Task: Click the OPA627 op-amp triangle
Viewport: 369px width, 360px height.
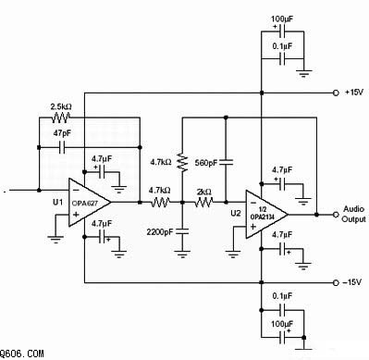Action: tap(89, 203)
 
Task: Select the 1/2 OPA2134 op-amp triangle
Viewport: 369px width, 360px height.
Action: tap(266, 215)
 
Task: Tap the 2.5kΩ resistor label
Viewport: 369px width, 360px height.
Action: tap(61, 106)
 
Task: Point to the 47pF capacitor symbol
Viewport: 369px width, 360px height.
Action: tap(62, 147)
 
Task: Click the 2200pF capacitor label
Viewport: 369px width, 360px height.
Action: tap(160, 232)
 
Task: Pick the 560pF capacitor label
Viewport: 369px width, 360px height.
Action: tap(206, 162)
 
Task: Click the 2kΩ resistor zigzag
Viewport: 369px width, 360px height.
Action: tap(203, 203)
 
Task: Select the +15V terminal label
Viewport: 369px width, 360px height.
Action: tap(354, 92)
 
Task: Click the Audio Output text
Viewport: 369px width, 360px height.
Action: tap(354, 214)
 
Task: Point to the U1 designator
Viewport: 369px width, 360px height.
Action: tap(57, 203)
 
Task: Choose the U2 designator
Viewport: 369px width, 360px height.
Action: tap(236, 213)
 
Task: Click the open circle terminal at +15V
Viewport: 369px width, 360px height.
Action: tap(336, 93)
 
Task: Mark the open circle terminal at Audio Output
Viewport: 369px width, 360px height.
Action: tap(336, 215)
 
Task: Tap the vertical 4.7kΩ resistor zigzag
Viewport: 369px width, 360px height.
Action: tap(182, 163)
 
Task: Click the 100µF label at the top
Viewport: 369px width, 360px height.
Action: tap(282, 19)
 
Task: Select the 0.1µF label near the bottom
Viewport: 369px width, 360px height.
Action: tap(282, 296)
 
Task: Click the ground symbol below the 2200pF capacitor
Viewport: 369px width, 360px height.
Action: tap(182, 254)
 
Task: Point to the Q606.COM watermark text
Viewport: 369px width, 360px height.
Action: tap(21, 354)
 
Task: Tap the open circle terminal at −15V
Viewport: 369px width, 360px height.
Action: tap(336, 282)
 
